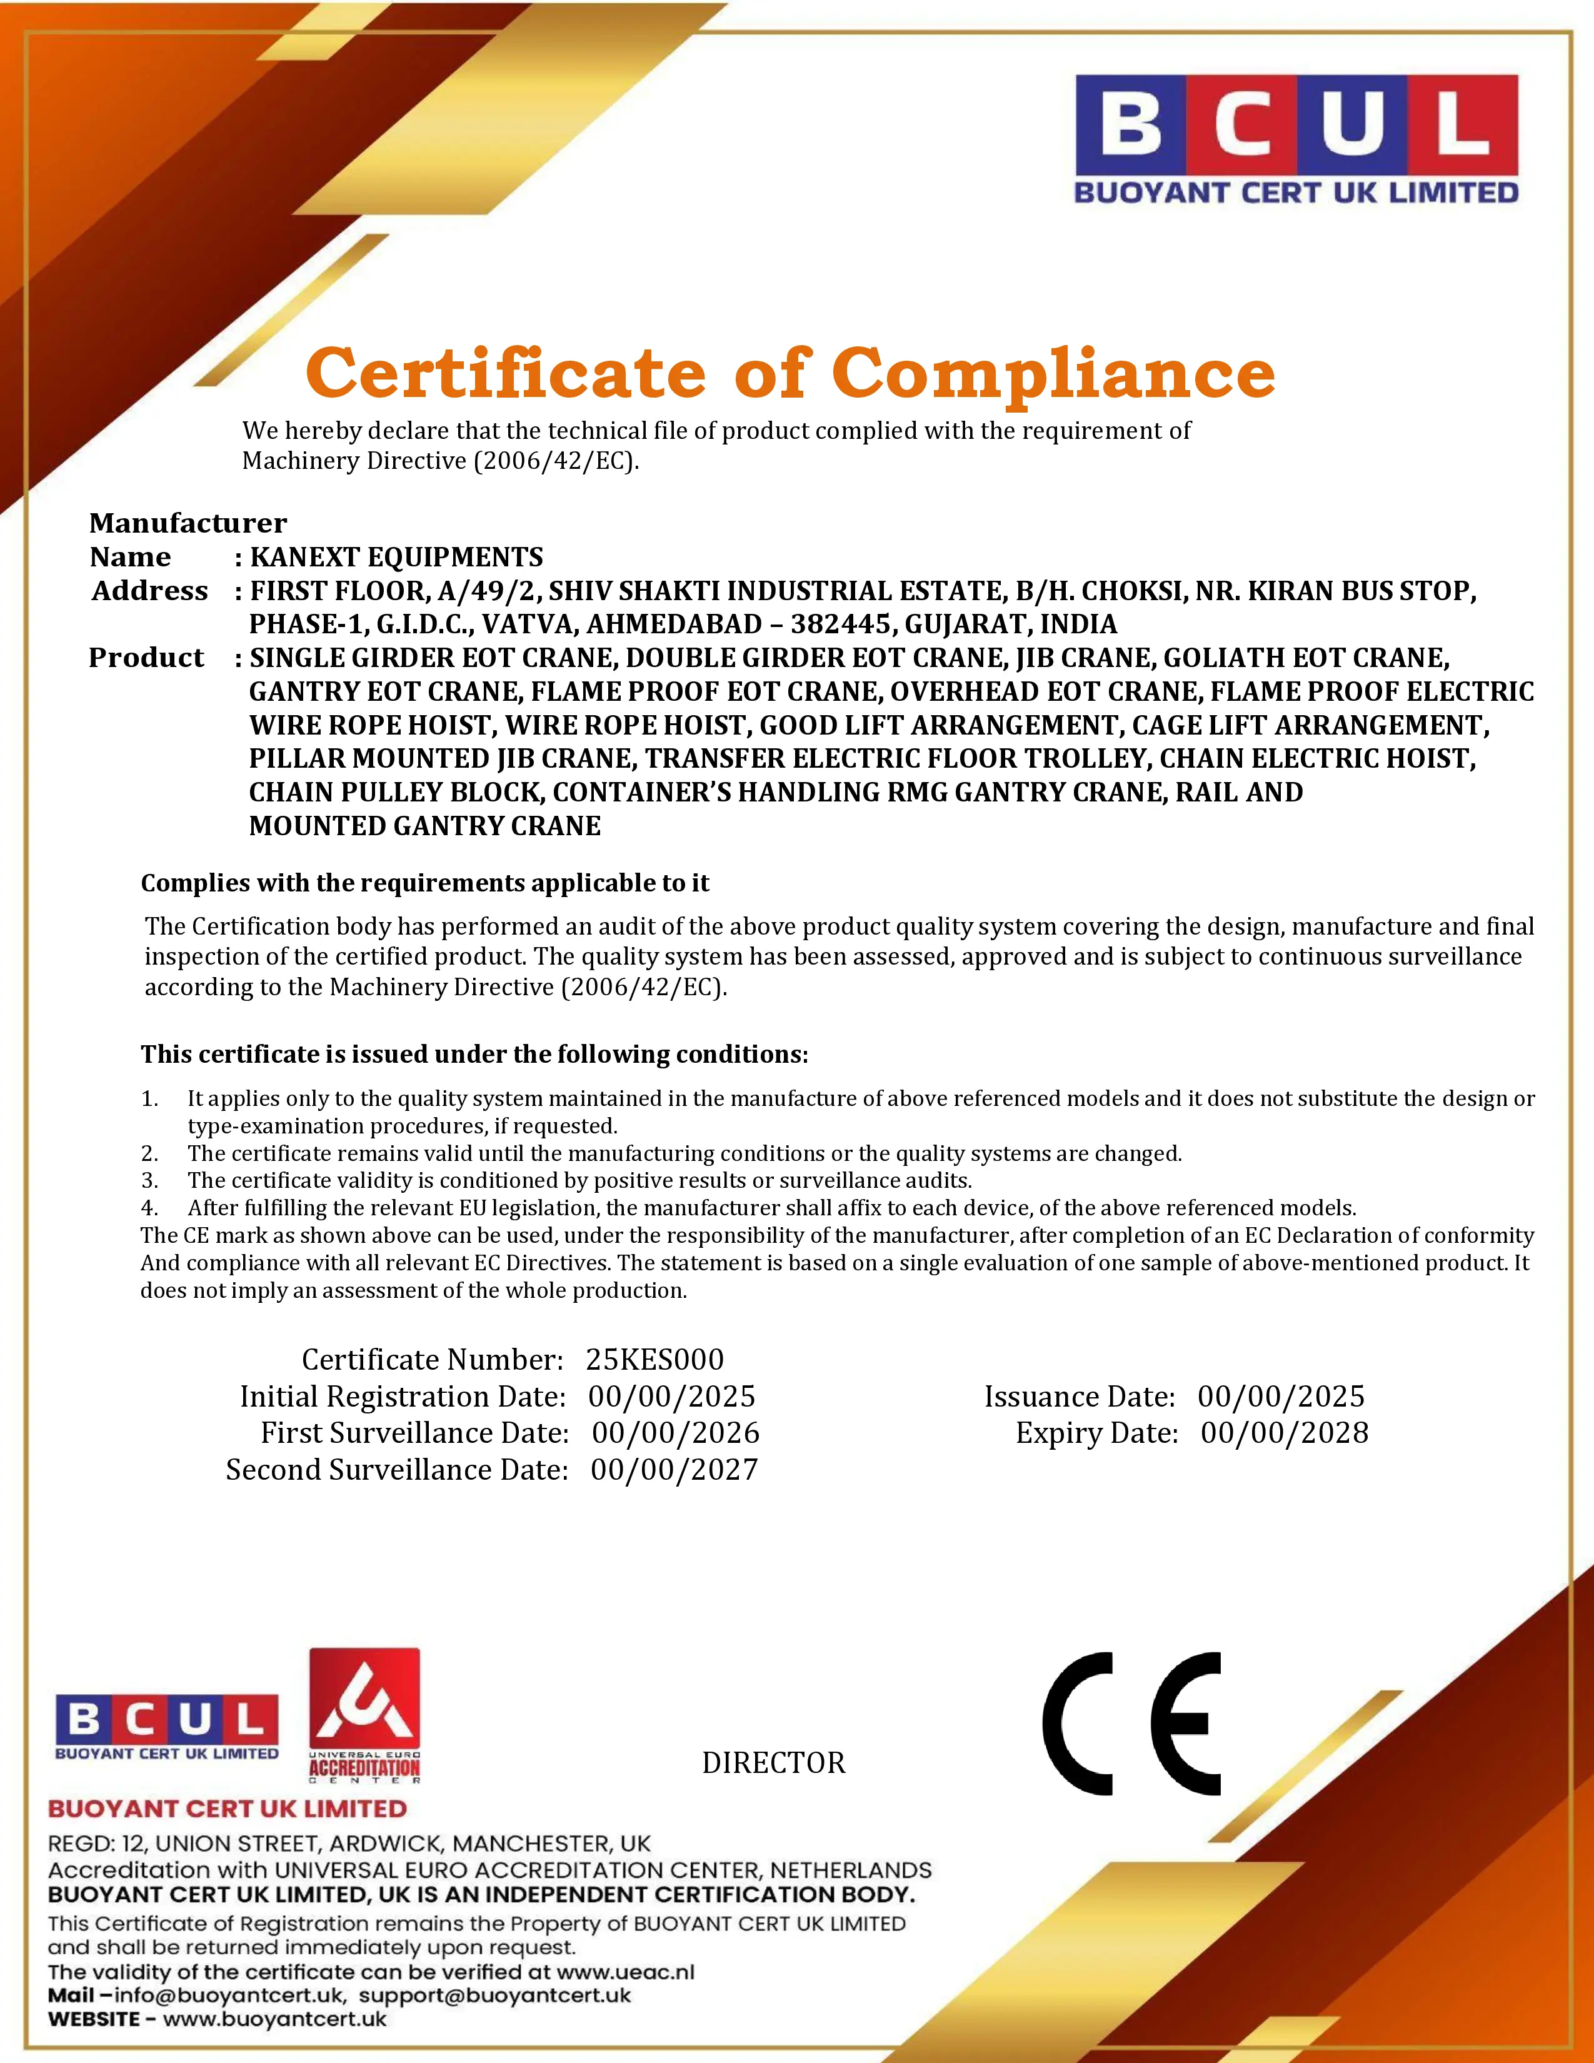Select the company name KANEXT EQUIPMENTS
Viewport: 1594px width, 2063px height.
396,557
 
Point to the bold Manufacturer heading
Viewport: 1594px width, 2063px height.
188,523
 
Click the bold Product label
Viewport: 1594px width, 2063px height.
146,658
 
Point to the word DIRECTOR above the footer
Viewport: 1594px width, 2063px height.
773,1763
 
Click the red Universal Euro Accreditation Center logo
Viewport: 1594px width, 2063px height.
364,1715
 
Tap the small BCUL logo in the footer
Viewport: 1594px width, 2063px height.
167,1727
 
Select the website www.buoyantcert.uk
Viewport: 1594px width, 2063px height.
275,2019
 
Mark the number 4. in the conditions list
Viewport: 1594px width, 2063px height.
149,1208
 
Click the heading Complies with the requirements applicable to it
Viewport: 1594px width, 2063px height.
425,883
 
